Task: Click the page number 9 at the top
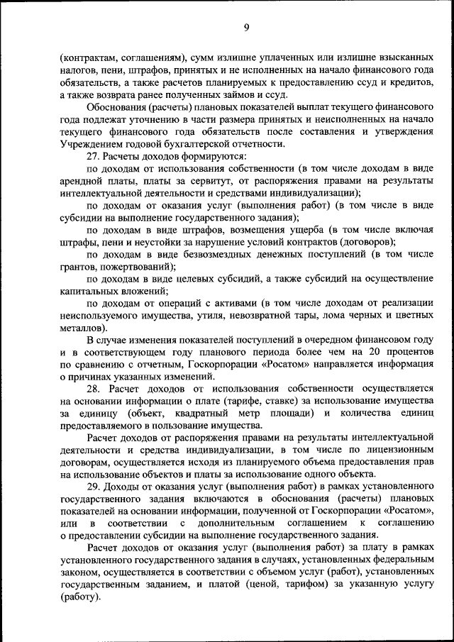click(245, 28)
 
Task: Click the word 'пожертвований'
click(138, 267)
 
